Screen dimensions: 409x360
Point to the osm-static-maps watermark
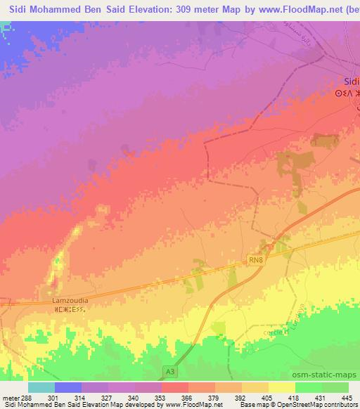[x=330, y=375]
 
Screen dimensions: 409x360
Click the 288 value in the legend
[x=27, y=397]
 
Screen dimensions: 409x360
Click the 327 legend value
[x=108, y=397]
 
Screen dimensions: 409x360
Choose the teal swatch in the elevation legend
[x=41, y=387]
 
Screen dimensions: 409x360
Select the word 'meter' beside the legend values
[x=10, y=397]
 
